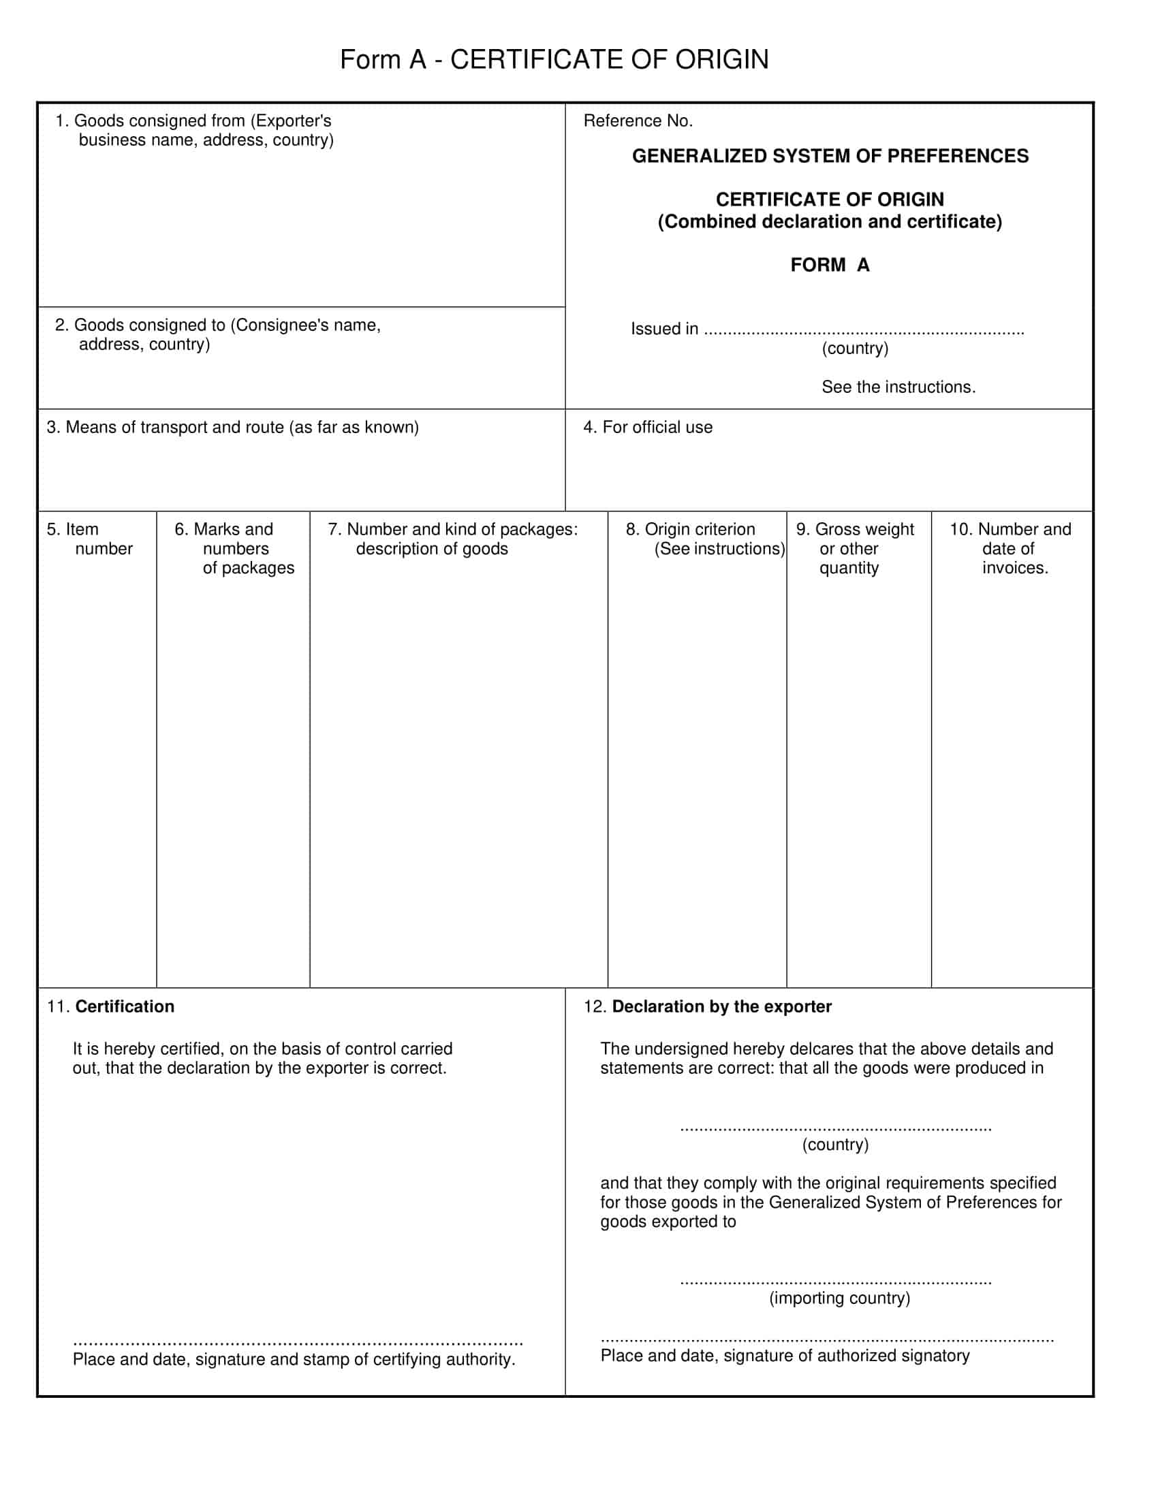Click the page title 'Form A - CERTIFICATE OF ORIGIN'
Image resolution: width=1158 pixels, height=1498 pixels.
(x=554, y=60)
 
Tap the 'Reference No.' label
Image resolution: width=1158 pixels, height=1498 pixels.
(x=638, y=121)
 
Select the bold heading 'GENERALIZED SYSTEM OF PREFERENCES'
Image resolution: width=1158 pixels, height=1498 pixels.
(x=830, y=157)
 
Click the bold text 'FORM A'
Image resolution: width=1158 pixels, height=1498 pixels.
(x=830, y=265)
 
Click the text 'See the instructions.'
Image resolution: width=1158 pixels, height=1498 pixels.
(x=898, y=387)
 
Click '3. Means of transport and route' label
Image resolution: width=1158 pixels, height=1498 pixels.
(x=232, y=428)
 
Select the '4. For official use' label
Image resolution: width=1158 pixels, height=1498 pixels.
(x=648, y=428)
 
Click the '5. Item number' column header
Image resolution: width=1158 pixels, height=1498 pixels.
(x=89, y=539)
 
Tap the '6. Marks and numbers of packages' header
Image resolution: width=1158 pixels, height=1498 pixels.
(x=234, y=548)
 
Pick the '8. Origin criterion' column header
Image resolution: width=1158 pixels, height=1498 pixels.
(x=704, y=539)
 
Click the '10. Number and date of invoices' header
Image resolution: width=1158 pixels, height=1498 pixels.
(x=1010, y=548)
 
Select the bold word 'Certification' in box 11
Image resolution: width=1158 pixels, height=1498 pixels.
(x=125, y=1006)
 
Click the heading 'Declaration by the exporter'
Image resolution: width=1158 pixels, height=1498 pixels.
(x=721, y=1006)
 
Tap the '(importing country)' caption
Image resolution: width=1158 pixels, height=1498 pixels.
(x=840, y=1298)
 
